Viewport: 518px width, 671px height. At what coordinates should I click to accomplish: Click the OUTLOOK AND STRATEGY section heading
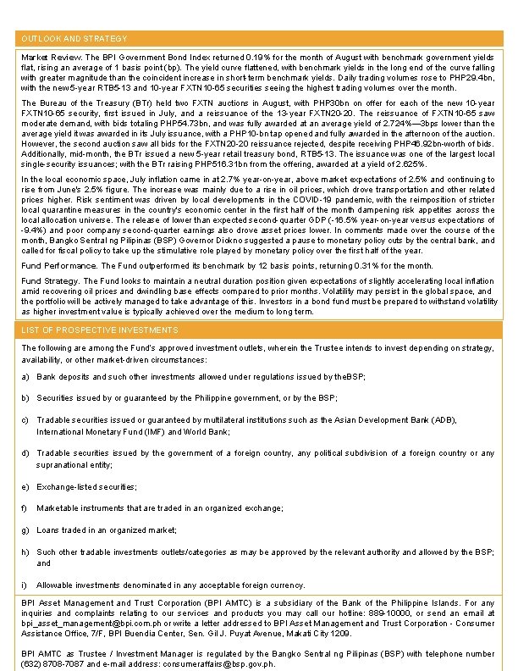[74, 39]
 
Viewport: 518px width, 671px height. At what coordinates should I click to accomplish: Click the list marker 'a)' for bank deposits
[25, 375]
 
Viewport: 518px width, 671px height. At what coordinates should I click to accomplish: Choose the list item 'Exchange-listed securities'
[86, 486]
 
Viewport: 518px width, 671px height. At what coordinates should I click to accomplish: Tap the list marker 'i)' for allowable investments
[25, 585]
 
